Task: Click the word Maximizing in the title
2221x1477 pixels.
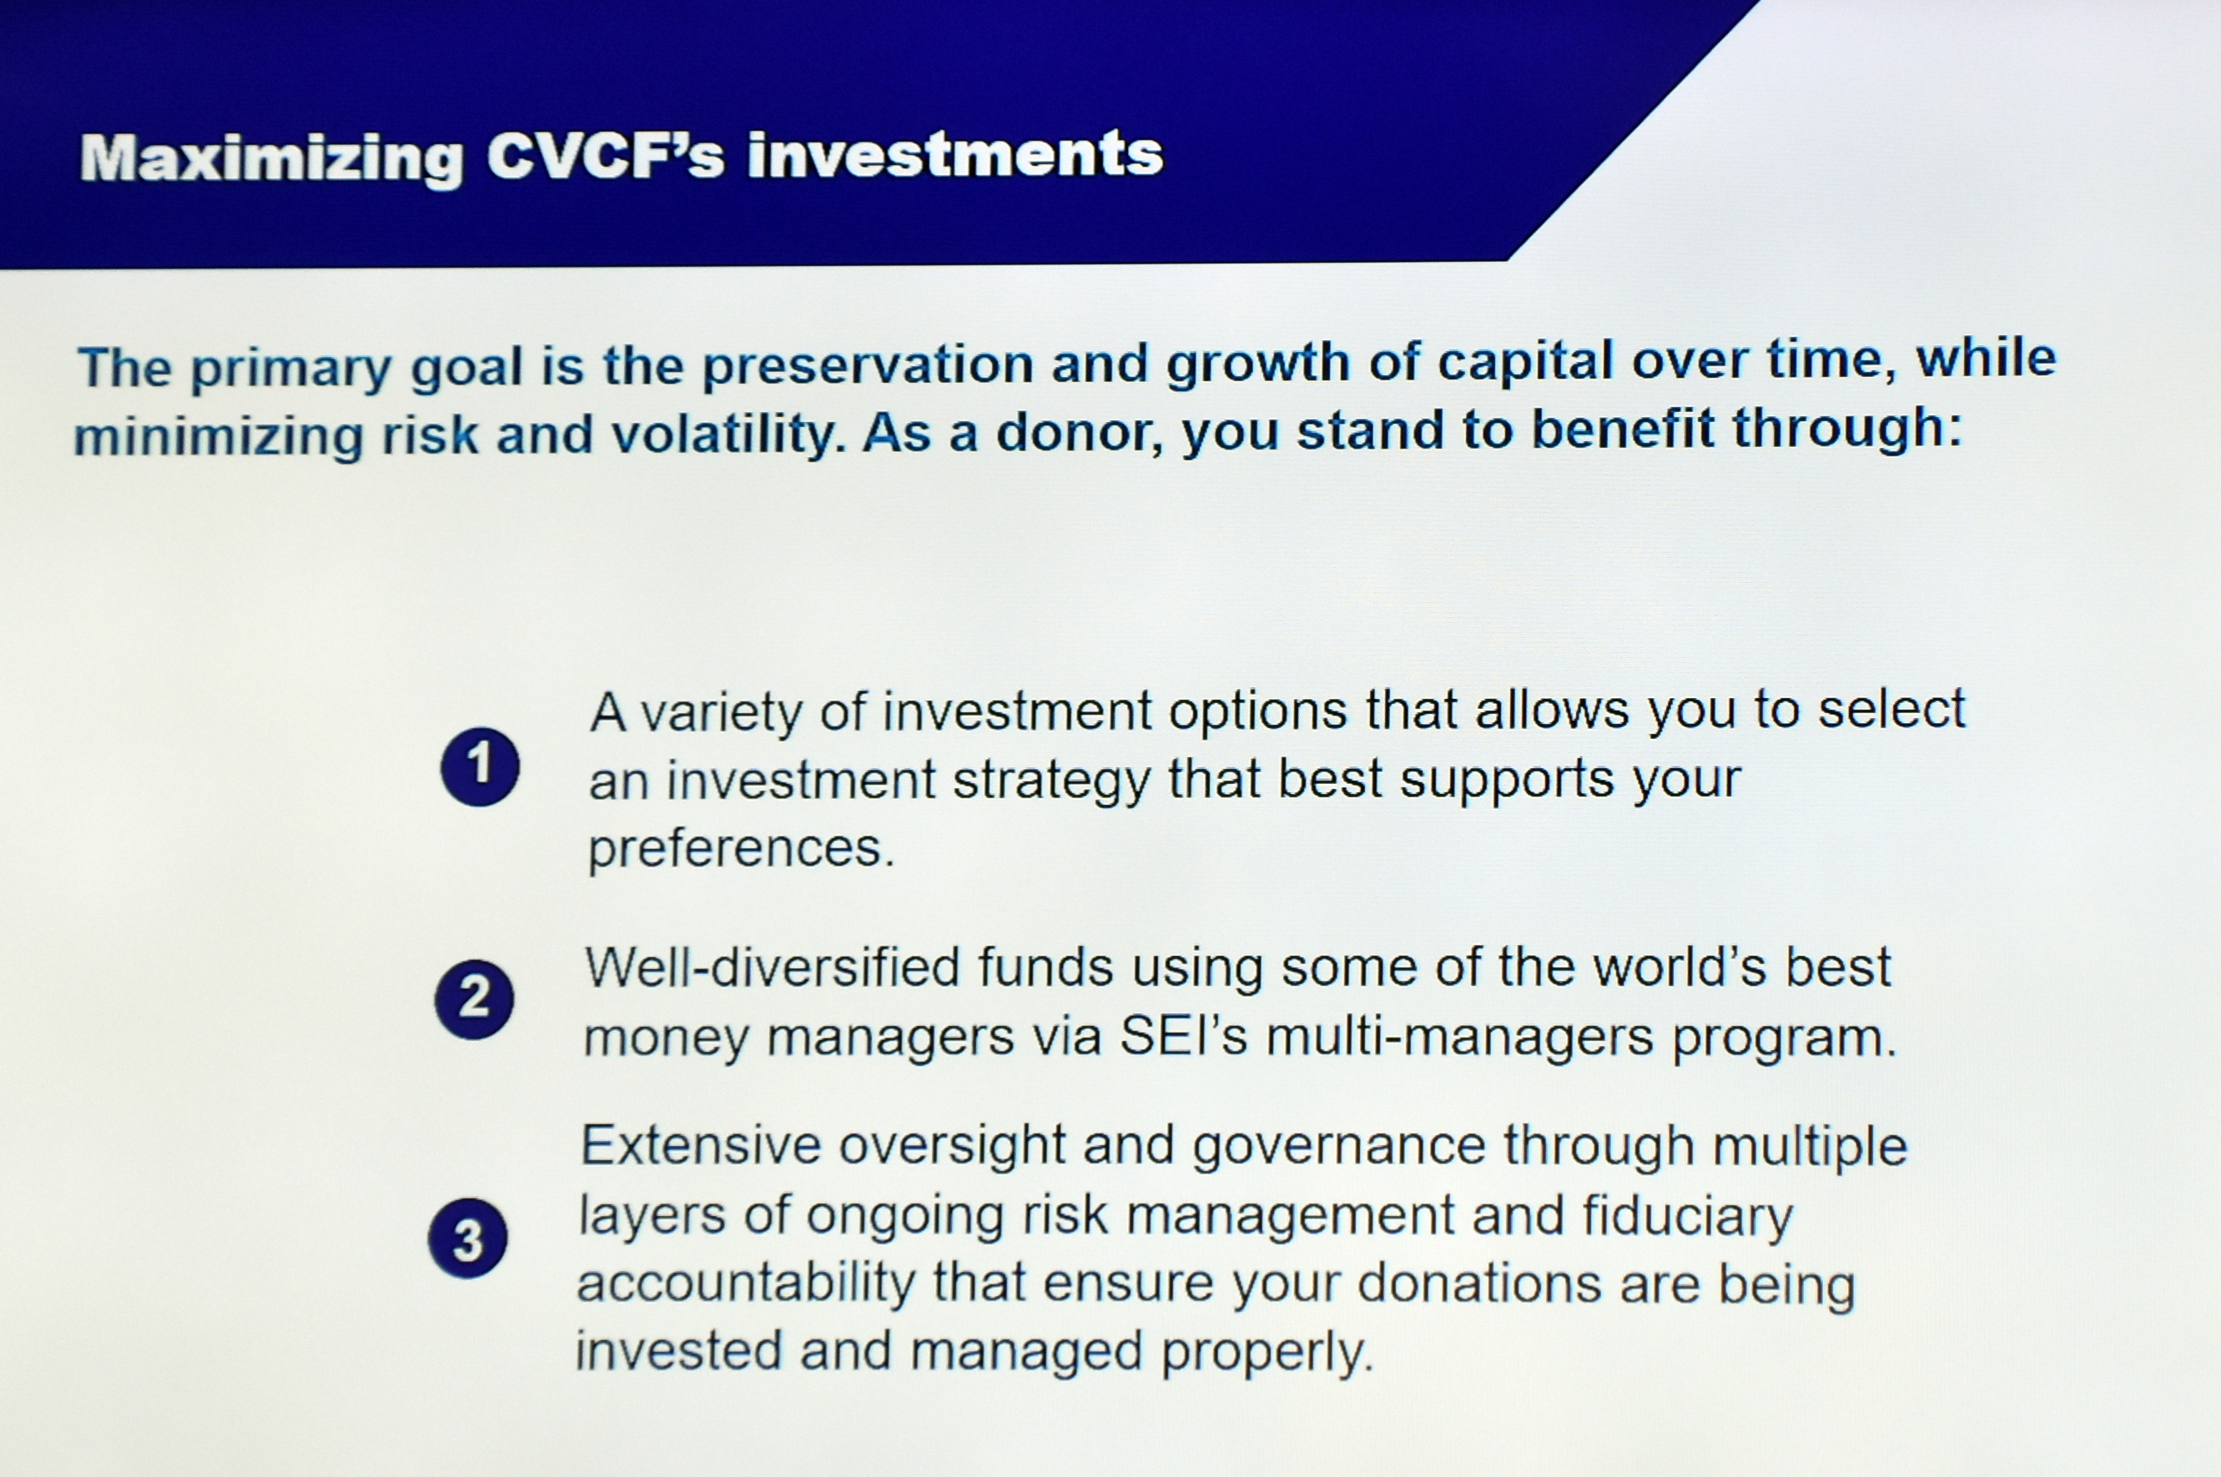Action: click(271, 158)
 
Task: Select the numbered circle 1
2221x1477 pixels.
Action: click(480, 766)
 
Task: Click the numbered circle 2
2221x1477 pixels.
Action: click(474, 999)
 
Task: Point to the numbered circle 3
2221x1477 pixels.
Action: click(467, 1238)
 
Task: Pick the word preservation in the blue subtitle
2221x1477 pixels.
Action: click(868, 365)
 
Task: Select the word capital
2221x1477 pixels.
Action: click(1526, 362)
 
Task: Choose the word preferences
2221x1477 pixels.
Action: click(741, 851)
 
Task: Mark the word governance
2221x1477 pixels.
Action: click(1338, 1148)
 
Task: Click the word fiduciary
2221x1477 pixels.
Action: click(1688, 1217)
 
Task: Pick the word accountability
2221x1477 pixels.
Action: click(745, 1284)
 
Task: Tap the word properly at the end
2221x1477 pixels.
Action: click(1267, 1354)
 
